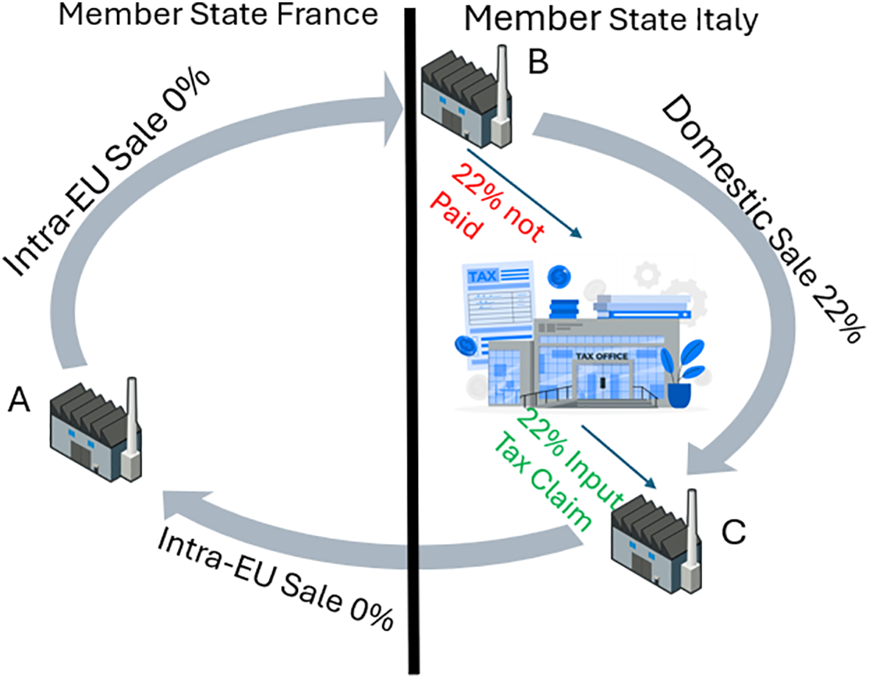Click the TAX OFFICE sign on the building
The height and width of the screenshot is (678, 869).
601,357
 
